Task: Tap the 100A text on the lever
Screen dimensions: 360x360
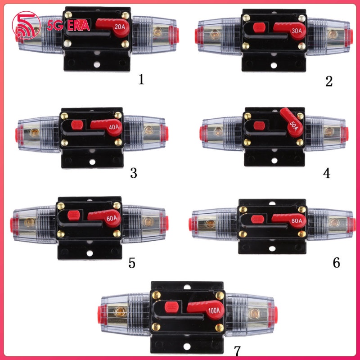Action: pyautogui.click(x=214, y=310)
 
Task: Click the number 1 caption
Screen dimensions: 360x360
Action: pyautogui.click(x=142, y=80)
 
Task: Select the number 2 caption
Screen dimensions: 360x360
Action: pyautogui.click(x=328, y=81)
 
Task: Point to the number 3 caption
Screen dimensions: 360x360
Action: pyautogui.click(x=133, y=173)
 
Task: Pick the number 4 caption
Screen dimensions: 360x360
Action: pyautogui.click(x=327, y=173)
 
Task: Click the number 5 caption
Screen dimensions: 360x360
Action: pyautogui.click(x=131, y=263)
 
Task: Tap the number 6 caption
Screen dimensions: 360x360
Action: pyautogui.click(x=336, y=263)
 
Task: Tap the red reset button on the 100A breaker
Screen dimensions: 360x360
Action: pyautogui.click(x=171, y=307)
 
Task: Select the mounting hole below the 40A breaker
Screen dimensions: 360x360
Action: pyautogui.click(x=92, y=162)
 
